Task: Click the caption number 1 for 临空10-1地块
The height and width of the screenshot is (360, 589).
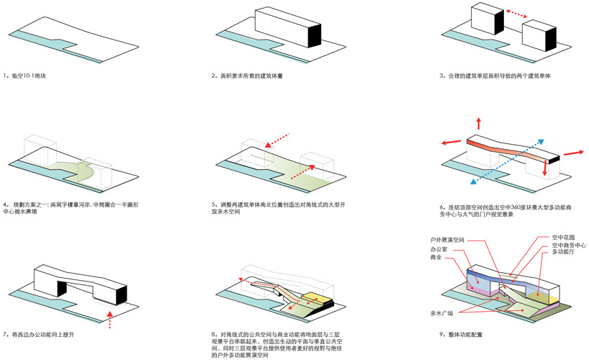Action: coord(5,76)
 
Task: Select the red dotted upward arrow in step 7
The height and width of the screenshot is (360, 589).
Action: coord(109,318)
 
